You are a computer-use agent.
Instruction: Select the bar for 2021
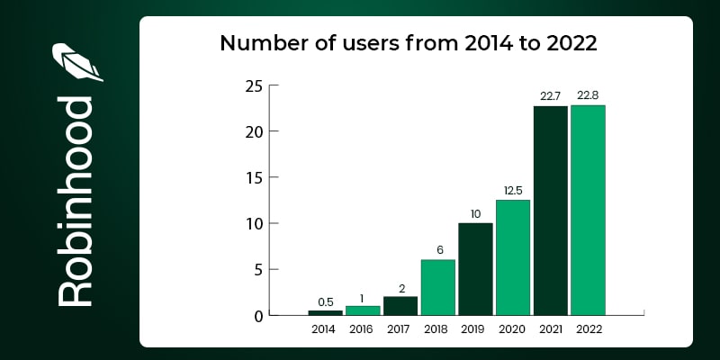pyautogui.click(x=550, y=211)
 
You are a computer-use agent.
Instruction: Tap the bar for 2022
pyautogui.click(x=588, y=211)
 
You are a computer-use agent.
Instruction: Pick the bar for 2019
pyautogui.click(x=475, y=269)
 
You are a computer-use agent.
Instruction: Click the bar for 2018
pyautogui.click(x=437, y=287)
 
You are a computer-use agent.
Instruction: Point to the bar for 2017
pyautogui.click(x=400, y=306)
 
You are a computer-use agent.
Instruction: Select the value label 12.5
pyautogui.click(x=512, y=192)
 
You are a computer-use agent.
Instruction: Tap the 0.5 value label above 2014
pyautogui.click(x=325, y=302)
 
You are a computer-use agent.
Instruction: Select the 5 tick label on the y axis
pyautogui.click(x=257, y=270)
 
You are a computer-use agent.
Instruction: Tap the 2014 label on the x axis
pyautogui.click(x=325, y=329)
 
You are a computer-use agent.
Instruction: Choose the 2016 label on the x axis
pyautogui.click(x=363, y=329)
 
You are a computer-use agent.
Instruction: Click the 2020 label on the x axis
pyautogui.click(x=512, y=329)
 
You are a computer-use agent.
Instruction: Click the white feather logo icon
pyautogui.click(x=76, y=62)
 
